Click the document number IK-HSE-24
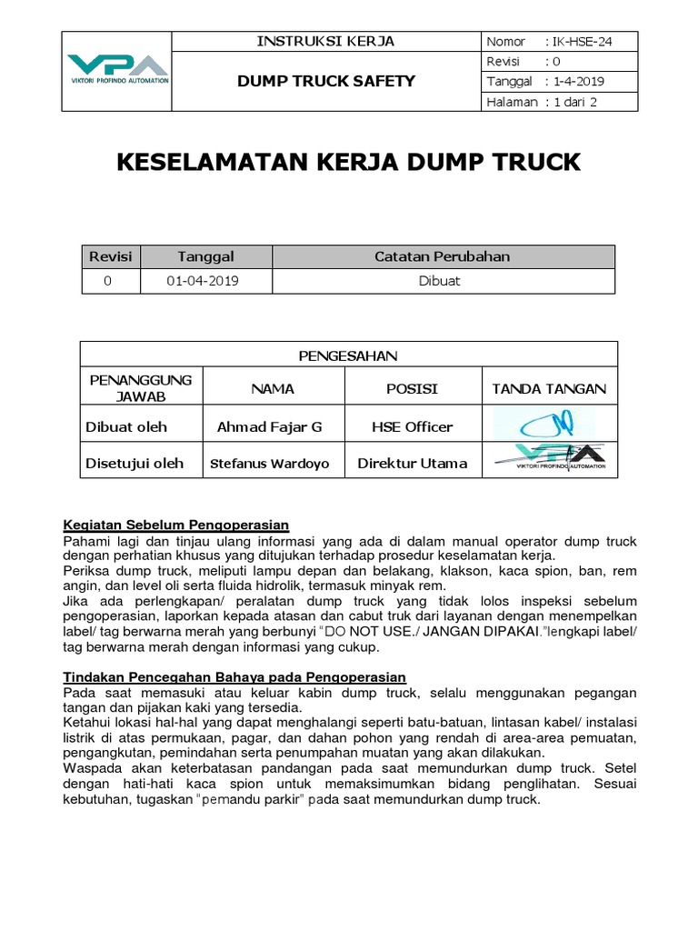[579, 42]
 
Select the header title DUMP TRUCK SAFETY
[325, 81]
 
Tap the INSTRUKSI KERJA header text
[325, 41]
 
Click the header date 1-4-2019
[576, 82]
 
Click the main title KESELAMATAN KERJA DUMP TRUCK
[348, 163]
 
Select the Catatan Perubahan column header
[443, 256]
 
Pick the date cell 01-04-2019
[203, 281]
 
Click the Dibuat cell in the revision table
[443, 281]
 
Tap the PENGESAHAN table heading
[348, 355]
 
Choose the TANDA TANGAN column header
[549, 389]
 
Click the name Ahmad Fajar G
[269, 427]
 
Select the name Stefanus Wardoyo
[269, 464]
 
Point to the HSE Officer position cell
[412, 427]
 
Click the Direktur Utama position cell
[412, 464]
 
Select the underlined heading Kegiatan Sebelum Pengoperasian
[176, 525]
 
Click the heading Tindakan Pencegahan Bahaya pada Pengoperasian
[234, 677]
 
